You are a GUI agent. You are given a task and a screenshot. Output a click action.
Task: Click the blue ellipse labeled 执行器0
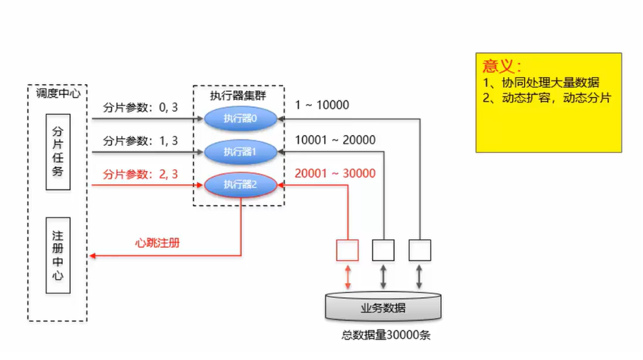[240, 118]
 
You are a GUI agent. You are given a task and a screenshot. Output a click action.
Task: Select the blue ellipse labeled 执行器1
[240, 151]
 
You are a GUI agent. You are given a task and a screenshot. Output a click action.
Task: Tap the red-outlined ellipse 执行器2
[240, 185]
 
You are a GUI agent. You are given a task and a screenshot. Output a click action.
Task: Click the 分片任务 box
[57, 151]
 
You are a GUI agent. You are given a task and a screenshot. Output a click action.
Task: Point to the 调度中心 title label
[58, 93]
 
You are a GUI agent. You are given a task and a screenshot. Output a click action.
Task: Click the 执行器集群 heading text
[238, 96]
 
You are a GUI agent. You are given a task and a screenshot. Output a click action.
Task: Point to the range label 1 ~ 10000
[322, 105]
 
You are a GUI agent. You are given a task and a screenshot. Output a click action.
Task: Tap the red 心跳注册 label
[157, 243]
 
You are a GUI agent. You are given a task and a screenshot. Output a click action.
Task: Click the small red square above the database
[347, 250]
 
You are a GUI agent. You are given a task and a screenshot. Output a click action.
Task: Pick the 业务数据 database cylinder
[383, 308]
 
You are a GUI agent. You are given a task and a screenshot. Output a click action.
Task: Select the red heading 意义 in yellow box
[502, 66]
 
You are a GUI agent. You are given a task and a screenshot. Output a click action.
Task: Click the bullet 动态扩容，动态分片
[546, 98]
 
